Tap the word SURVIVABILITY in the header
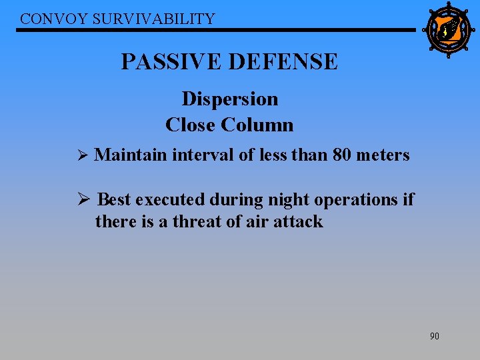click(x=154, y=19)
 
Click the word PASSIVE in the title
click(x=171, y=62)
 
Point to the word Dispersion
click(x=230, y=99)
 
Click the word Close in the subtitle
click(x=191, y=125)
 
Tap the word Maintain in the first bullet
click(x=131, y=155)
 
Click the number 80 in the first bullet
click(x=342, y=155)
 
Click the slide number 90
click(x=434, y=336)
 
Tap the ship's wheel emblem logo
click(x=448, y=29)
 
